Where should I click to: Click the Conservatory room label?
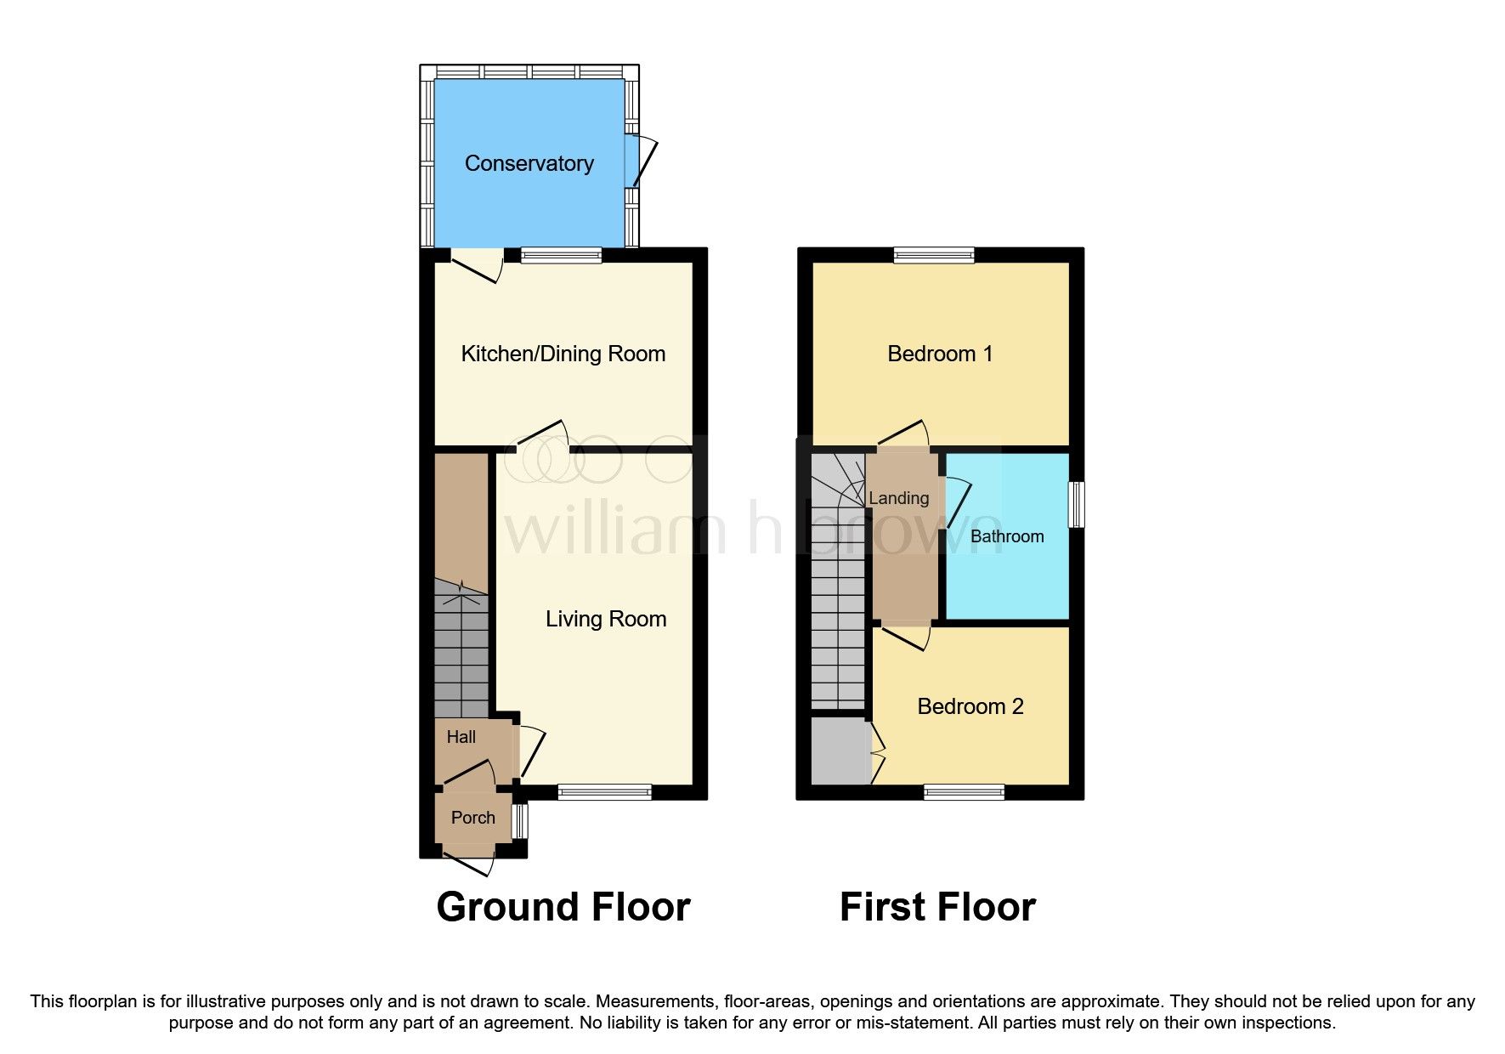(529, 163)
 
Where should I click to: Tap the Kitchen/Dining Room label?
(563, 354)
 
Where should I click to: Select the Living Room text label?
(605, 619)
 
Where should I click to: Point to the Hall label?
(461, 737)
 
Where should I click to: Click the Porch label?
(472, 818)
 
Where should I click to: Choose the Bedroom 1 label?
(939, 354)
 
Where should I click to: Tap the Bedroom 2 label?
(970, 706)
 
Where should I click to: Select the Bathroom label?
(1006, 536)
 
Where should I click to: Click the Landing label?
(898, 498)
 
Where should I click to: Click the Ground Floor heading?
(563, 907)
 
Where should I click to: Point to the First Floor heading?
(937, 907)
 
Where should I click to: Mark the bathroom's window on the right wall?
(1077, 504)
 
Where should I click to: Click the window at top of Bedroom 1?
(934, 254)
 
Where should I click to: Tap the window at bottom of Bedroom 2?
(964, 792)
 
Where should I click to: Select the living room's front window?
(604, 792)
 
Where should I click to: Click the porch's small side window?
(520, 820)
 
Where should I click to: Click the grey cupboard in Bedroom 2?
(839, 751)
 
